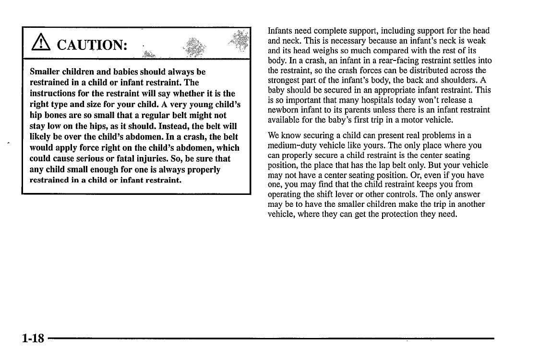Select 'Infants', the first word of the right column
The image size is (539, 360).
[x=281, y=31]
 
